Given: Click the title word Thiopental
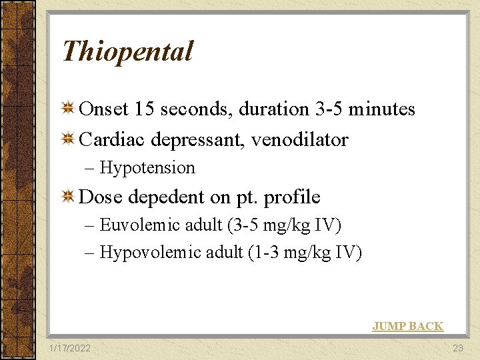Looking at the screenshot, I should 127,51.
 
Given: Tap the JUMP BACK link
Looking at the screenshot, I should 407,326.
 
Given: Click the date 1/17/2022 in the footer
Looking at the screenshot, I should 71,348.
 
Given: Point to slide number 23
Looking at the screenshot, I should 457,348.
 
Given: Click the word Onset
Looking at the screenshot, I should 104,109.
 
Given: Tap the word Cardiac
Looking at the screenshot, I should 112,140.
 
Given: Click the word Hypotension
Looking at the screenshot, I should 147,168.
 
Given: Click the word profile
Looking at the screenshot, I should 292,197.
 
